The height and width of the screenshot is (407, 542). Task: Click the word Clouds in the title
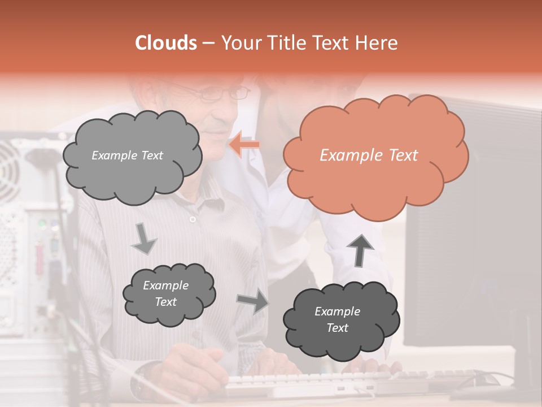pyautogui.click(x=166, y=43)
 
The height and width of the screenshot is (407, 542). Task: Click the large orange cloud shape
pyautogui.click(x=375, y=154)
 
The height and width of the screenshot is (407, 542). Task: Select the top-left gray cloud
pyautogui.click(x=132, y=155)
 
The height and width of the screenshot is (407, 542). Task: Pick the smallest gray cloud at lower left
pyautogui.click(x=169, y=294)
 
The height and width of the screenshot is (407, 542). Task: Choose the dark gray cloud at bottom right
pyautogui.click(x=341, y=320)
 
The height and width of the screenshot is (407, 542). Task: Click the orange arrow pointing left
pyautogui.click(x=245, y=144)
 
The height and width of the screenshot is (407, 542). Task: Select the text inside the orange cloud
pyautogui.click(x=369, y=155)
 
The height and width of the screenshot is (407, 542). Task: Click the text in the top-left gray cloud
pyautogui.click(x=127, y=155)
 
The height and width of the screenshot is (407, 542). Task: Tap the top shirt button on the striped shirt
pyautogui.click(x=193, y=219)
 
